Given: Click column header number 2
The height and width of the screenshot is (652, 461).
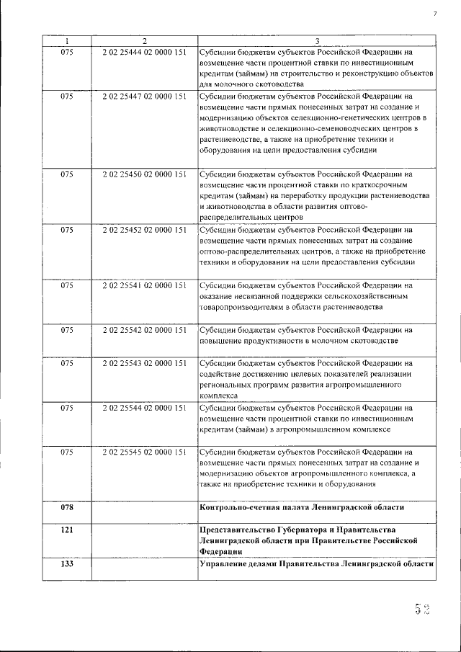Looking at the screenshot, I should pyautogui.click(x=144, y=41).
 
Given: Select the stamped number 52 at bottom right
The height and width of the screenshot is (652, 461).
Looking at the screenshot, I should pyautogui.click(x=421, y=610).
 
